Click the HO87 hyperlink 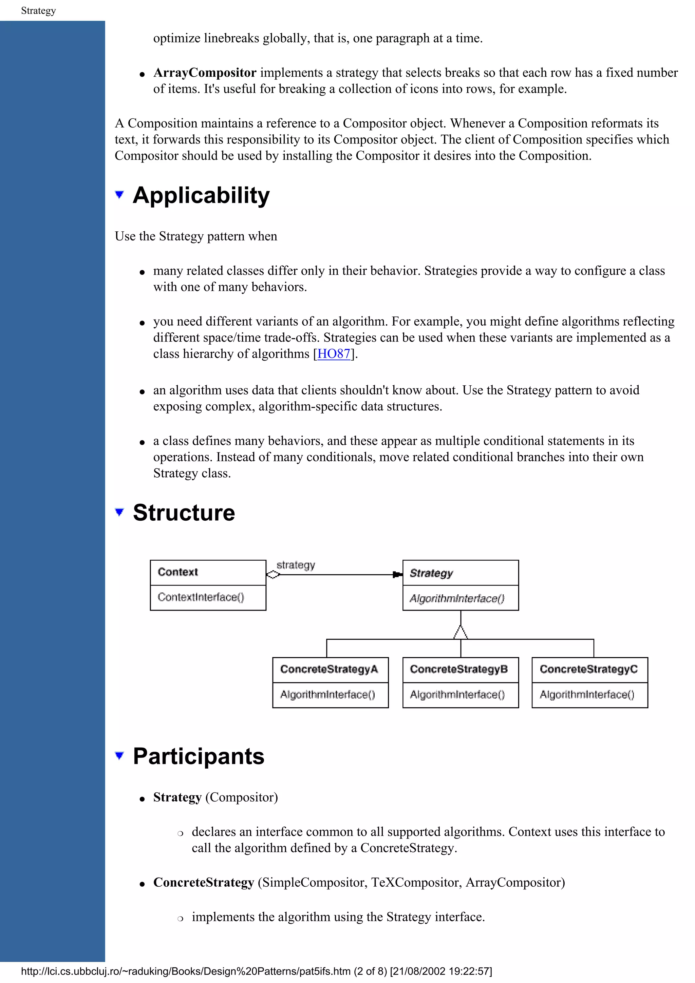tap(334, 354)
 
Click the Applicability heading tap(201, 195)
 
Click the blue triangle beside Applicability tap(119, 195)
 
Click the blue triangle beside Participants tap(119, 755)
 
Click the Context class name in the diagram tap(178, 572)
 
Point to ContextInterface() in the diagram tap(201, 597)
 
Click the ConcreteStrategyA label tap(329, 669)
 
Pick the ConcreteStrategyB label tap(458, 669)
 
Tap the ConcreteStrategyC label tap(588, 669)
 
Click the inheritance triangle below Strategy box tap(461, 632)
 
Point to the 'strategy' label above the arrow tap(296, 565)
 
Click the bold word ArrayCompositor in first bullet tap(205, 73)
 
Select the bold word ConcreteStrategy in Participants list tap(203, 882)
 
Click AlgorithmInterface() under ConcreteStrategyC tap(587, 694)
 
